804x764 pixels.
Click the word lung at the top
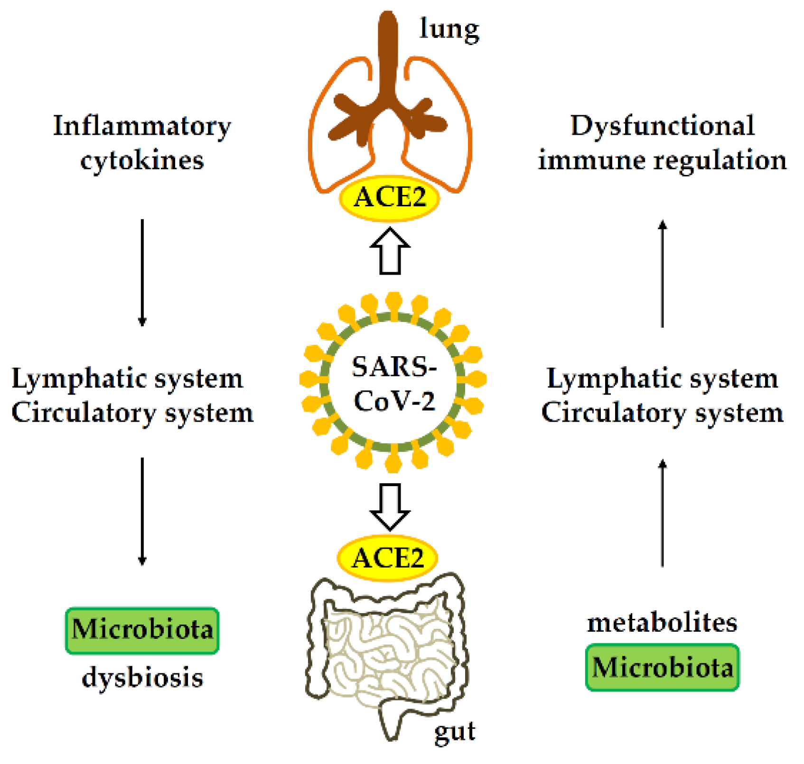coord(449,30)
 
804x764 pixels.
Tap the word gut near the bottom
coord(454,730)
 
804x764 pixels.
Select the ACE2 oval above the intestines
coord(387,558)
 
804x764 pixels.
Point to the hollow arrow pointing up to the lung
coord(390,251)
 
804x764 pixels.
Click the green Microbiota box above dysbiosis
coord(142,631)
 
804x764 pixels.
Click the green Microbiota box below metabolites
coord(662,667)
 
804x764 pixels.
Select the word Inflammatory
coord(142,126)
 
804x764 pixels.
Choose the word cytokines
coord(142,160)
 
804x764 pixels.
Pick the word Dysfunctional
coord(662,126)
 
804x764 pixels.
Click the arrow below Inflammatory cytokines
coord(142,273)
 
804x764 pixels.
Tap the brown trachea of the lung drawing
coord(389,57)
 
